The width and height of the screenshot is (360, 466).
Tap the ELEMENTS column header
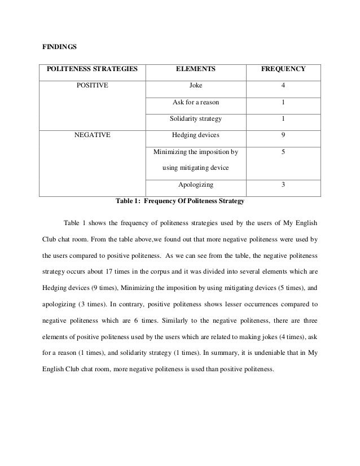pyautogui.click(x=195, y=70)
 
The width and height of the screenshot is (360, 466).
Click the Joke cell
pyautogui.click(x=195, y=86)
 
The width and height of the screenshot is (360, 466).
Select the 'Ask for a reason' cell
pyautogui.click(x=195, y=103)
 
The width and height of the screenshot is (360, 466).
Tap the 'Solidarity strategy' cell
pyautogui.click(x=195, y=119)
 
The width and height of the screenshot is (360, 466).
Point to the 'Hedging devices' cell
pyautogui.click(x=195, y=135)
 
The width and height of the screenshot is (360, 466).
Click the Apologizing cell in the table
pyautogui.click(x=195, y=184)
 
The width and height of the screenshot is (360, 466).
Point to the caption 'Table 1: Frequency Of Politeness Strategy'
pyautogui.click(x=179, y=200)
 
